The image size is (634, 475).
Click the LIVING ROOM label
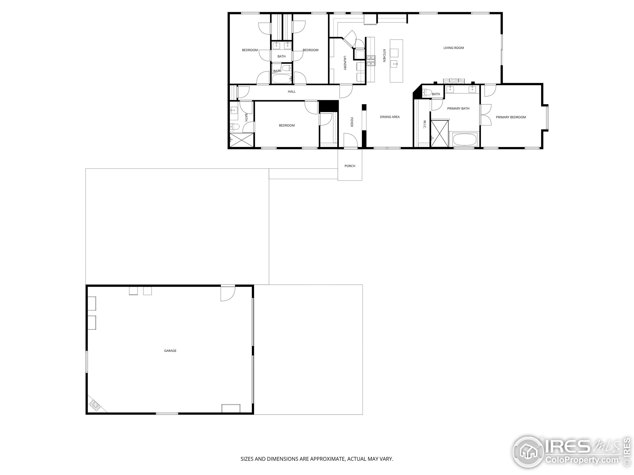[x=453, y=48]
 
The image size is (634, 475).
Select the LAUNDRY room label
[x=345, y=63]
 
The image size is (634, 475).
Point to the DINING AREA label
[x=390, y=117]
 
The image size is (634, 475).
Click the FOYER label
[x=352, y=122]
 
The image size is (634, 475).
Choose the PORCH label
[x=350, y=166]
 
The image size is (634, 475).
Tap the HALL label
[x=291, y=92]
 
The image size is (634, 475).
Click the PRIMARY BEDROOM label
[x=511, y=117]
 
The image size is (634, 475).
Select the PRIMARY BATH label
[x=458, y=109]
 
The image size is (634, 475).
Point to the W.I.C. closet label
[x=425, y=124]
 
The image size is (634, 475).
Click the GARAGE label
[x=170, y=351]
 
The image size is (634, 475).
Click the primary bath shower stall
[x=439, y=134]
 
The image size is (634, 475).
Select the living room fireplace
[x=453, y=81]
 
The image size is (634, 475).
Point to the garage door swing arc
[x=228, y=294]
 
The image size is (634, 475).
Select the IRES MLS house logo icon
[x=528, y=452]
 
